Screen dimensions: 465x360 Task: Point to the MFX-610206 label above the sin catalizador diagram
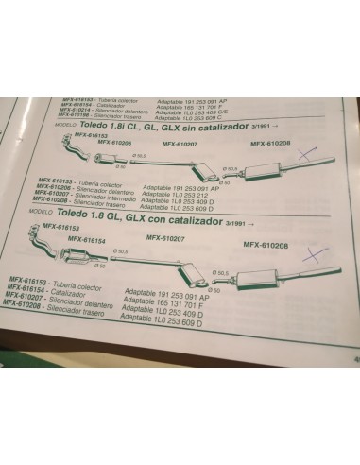point(114,143)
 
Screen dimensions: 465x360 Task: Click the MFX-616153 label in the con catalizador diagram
point(60,229)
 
